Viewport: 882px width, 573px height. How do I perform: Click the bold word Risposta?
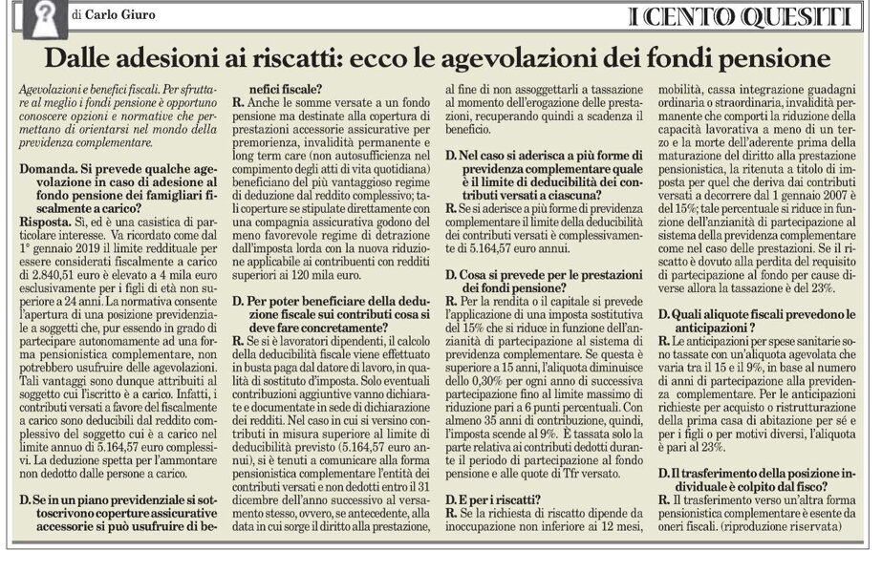46,218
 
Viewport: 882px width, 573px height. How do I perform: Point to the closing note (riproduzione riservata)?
775,527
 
